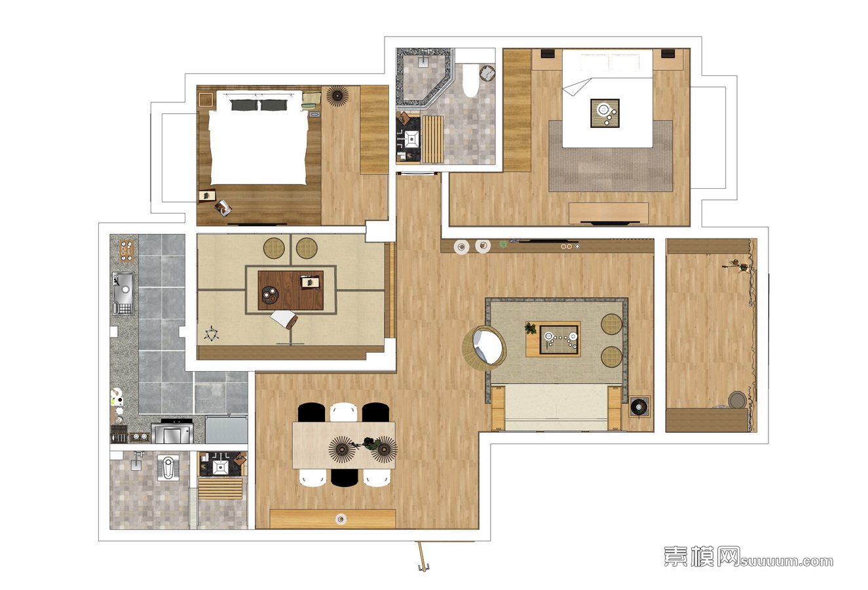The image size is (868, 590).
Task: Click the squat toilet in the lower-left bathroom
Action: point(168,468)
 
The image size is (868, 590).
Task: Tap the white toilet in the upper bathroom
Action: point(470,80)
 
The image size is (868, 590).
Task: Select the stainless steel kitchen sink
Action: point(124,292)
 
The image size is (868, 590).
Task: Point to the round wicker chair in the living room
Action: point(485,345)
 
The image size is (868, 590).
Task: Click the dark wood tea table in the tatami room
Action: point(291,290)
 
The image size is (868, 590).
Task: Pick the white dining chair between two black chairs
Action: point(343,412)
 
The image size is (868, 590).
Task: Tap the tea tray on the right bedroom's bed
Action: point(605,113)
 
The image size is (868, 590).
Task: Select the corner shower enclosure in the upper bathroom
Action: point(425,77)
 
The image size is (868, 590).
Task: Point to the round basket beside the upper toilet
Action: point(487,73)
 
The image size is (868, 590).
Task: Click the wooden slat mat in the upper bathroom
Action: point(432,139)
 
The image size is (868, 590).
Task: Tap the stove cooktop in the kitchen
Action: point(172,433)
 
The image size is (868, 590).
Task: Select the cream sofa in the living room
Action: point(556,408)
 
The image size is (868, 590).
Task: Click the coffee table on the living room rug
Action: point(553,339)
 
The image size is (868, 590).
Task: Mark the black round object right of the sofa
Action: point(639,406)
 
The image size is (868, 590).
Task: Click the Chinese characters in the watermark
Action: point(702,557)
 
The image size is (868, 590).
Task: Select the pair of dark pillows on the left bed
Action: point(259,105)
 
